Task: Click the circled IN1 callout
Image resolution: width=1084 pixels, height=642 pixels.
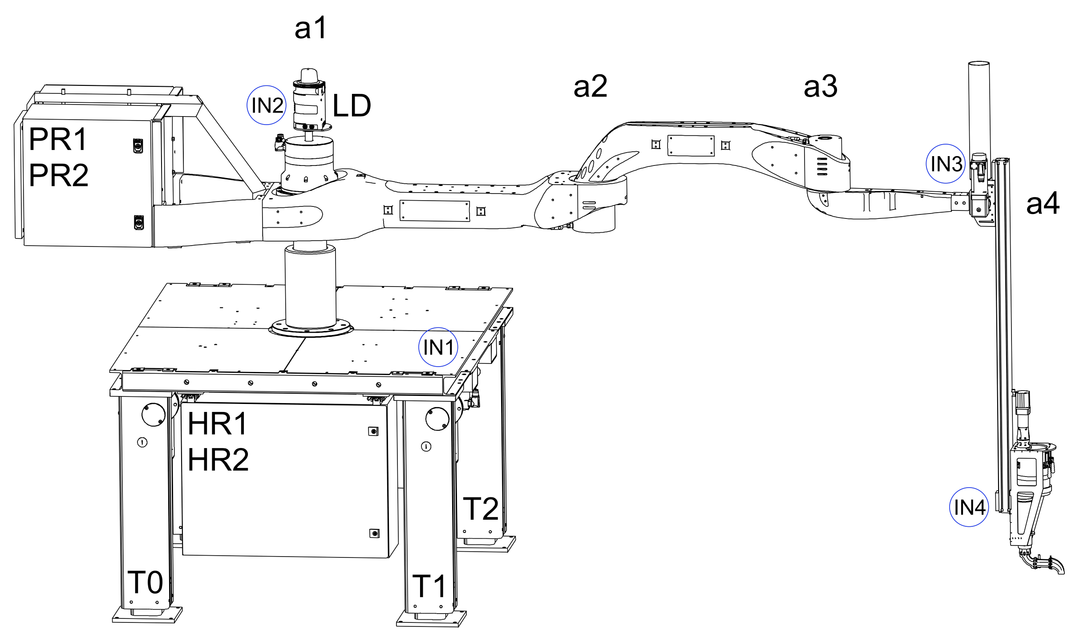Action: point(438,347)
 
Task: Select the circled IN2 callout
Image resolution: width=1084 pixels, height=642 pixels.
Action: point(267,105)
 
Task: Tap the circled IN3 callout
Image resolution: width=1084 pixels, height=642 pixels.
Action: point(946,164)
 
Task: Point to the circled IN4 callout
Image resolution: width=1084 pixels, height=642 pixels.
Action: point(969,507)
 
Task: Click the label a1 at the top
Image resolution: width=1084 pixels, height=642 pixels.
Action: point(311,28)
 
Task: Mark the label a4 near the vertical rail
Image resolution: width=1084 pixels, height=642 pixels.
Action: point(1043,204)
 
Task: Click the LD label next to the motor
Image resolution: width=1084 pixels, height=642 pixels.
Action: point(352,106)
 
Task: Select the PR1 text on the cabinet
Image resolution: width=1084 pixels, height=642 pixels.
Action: point(58,139)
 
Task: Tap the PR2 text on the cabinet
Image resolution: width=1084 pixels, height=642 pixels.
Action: point(58,175)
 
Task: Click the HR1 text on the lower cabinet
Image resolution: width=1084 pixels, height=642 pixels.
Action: point(217,424)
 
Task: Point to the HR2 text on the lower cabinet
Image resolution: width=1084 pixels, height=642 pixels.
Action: point(218,460)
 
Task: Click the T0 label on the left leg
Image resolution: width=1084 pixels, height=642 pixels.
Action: point(145,582)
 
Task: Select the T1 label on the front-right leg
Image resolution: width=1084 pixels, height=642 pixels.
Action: point(429,586)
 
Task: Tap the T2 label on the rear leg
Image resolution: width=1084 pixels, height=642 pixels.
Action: point(481,509)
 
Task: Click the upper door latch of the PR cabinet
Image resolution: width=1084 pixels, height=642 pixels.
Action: point(138,145)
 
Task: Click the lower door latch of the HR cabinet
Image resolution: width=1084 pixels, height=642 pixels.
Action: point(374,533)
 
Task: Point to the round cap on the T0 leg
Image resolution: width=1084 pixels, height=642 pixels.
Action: point(153,414)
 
